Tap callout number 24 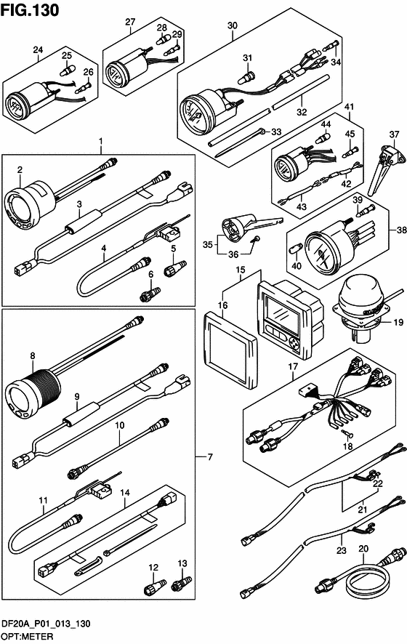(38, 49)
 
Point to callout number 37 (394, 134)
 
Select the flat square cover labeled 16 (230, 350)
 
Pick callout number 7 (211, 456)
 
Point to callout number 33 (276, 132)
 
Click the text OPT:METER (27, 636)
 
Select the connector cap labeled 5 (175, 267)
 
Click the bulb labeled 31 (247, 76)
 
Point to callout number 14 (125, 492)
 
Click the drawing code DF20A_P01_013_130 (46, 624)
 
